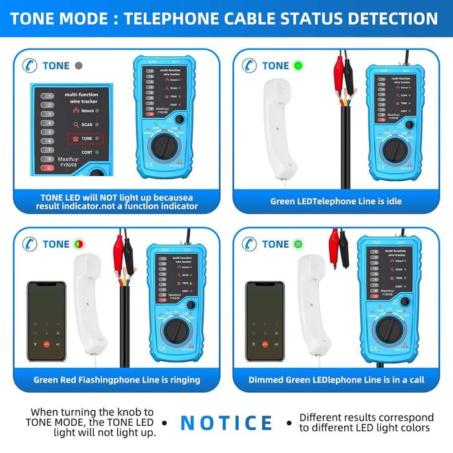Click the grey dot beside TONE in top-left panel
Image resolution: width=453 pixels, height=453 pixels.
pos(79,65)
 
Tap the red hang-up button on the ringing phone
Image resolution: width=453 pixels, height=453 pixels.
pos(47,344)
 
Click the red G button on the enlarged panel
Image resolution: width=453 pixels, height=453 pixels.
pos(47,168)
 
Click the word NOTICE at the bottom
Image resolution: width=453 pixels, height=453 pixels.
pos(226,422)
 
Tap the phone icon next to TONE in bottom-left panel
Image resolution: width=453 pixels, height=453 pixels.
pos(28,244)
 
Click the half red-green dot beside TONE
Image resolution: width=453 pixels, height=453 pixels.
pos(79,244)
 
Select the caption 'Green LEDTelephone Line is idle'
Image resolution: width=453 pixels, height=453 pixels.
pos(336,201)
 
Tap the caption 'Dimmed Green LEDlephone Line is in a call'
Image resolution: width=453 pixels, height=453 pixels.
pos(337,380)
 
